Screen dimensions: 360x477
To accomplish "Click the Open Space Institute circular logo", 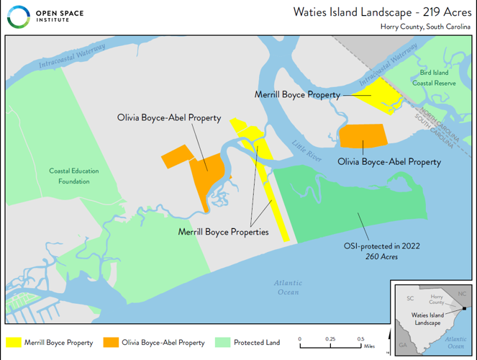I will point(18,17).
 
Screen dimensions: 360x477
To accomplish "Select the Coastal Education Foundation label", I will point(74,176).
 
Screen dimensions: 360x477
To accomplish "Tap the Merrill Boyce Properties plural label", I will point(223,232).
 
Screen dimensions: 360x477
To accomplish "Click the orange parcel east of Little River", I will point(362,135).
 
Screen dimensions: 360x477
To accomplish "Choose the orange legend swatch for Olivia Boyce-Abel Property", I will point(109,343).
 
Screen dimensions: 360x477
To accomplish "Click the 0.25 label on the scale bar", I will point(330,338).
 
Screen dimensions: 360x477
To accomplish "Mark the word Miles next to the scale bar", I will point(369,346).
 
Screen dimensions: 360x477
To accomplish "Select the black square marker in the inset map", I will point(465,309).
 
